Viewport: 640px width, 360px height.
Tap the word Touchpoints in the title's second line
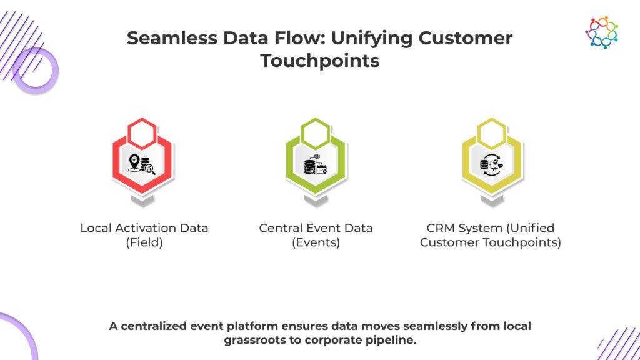[319, 61]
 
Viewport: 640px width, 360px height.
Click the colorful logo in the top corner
[601, 32]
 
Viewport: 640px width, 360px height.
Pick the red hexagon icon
[143, 164]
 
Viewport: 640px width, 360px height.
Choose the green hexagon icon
[316, 164]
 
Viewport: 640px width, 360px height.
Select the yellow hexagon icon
[491, 164]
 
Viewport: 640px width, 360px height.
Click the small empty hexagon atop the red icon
[143, 131]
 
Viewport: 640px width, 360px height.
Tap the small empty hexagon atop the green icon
[316, 131]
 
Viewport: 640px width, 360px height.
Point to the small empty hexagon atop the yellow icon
[491, 131]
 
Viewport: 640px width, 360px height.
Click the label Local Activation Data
[144, 228]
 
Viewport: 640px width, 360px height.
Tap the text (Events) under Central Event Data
[316, 242]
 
